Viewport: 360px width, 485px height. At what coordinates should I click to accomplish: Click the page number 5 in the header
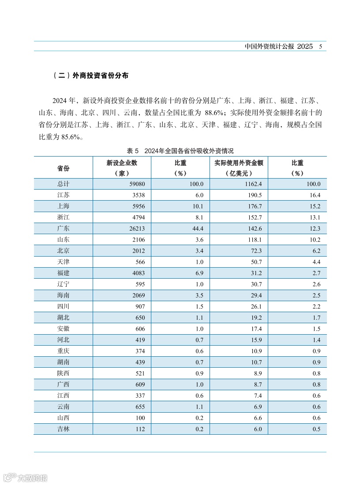click(x=321, y=46)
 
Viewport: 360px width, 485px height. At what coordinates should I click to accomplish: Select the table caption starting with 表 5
click(x=180, y=151)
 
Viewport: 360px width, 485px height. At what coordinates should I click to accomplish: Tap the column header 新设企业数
click(x=122, y=163)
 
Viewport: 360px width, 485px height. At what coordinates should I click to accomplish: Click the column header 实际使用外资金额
click(x=239, y=163)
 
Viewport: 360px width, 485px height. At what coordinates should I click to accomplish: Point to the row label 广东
click(x=63, y=228)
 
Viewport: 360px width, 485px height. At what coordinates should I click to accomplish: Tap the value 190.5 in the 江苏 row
click(x=255, y=195)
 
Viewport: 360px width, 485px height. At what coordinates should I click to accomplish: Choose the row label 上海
click(x=63, y=206)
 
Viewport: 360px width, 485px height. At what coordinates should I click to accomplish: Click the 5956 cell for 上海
click(x=137, y=206)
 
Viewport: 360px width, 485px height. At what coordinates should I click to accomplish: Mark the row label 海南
click(x=63, y=295)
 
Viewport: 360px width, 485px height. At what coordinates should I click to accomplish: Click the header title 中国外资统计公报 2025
click(x=279, y=46)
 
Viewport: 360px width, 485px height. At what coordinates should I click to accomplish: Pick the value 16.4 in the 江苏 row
click(x=314, y=195)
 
